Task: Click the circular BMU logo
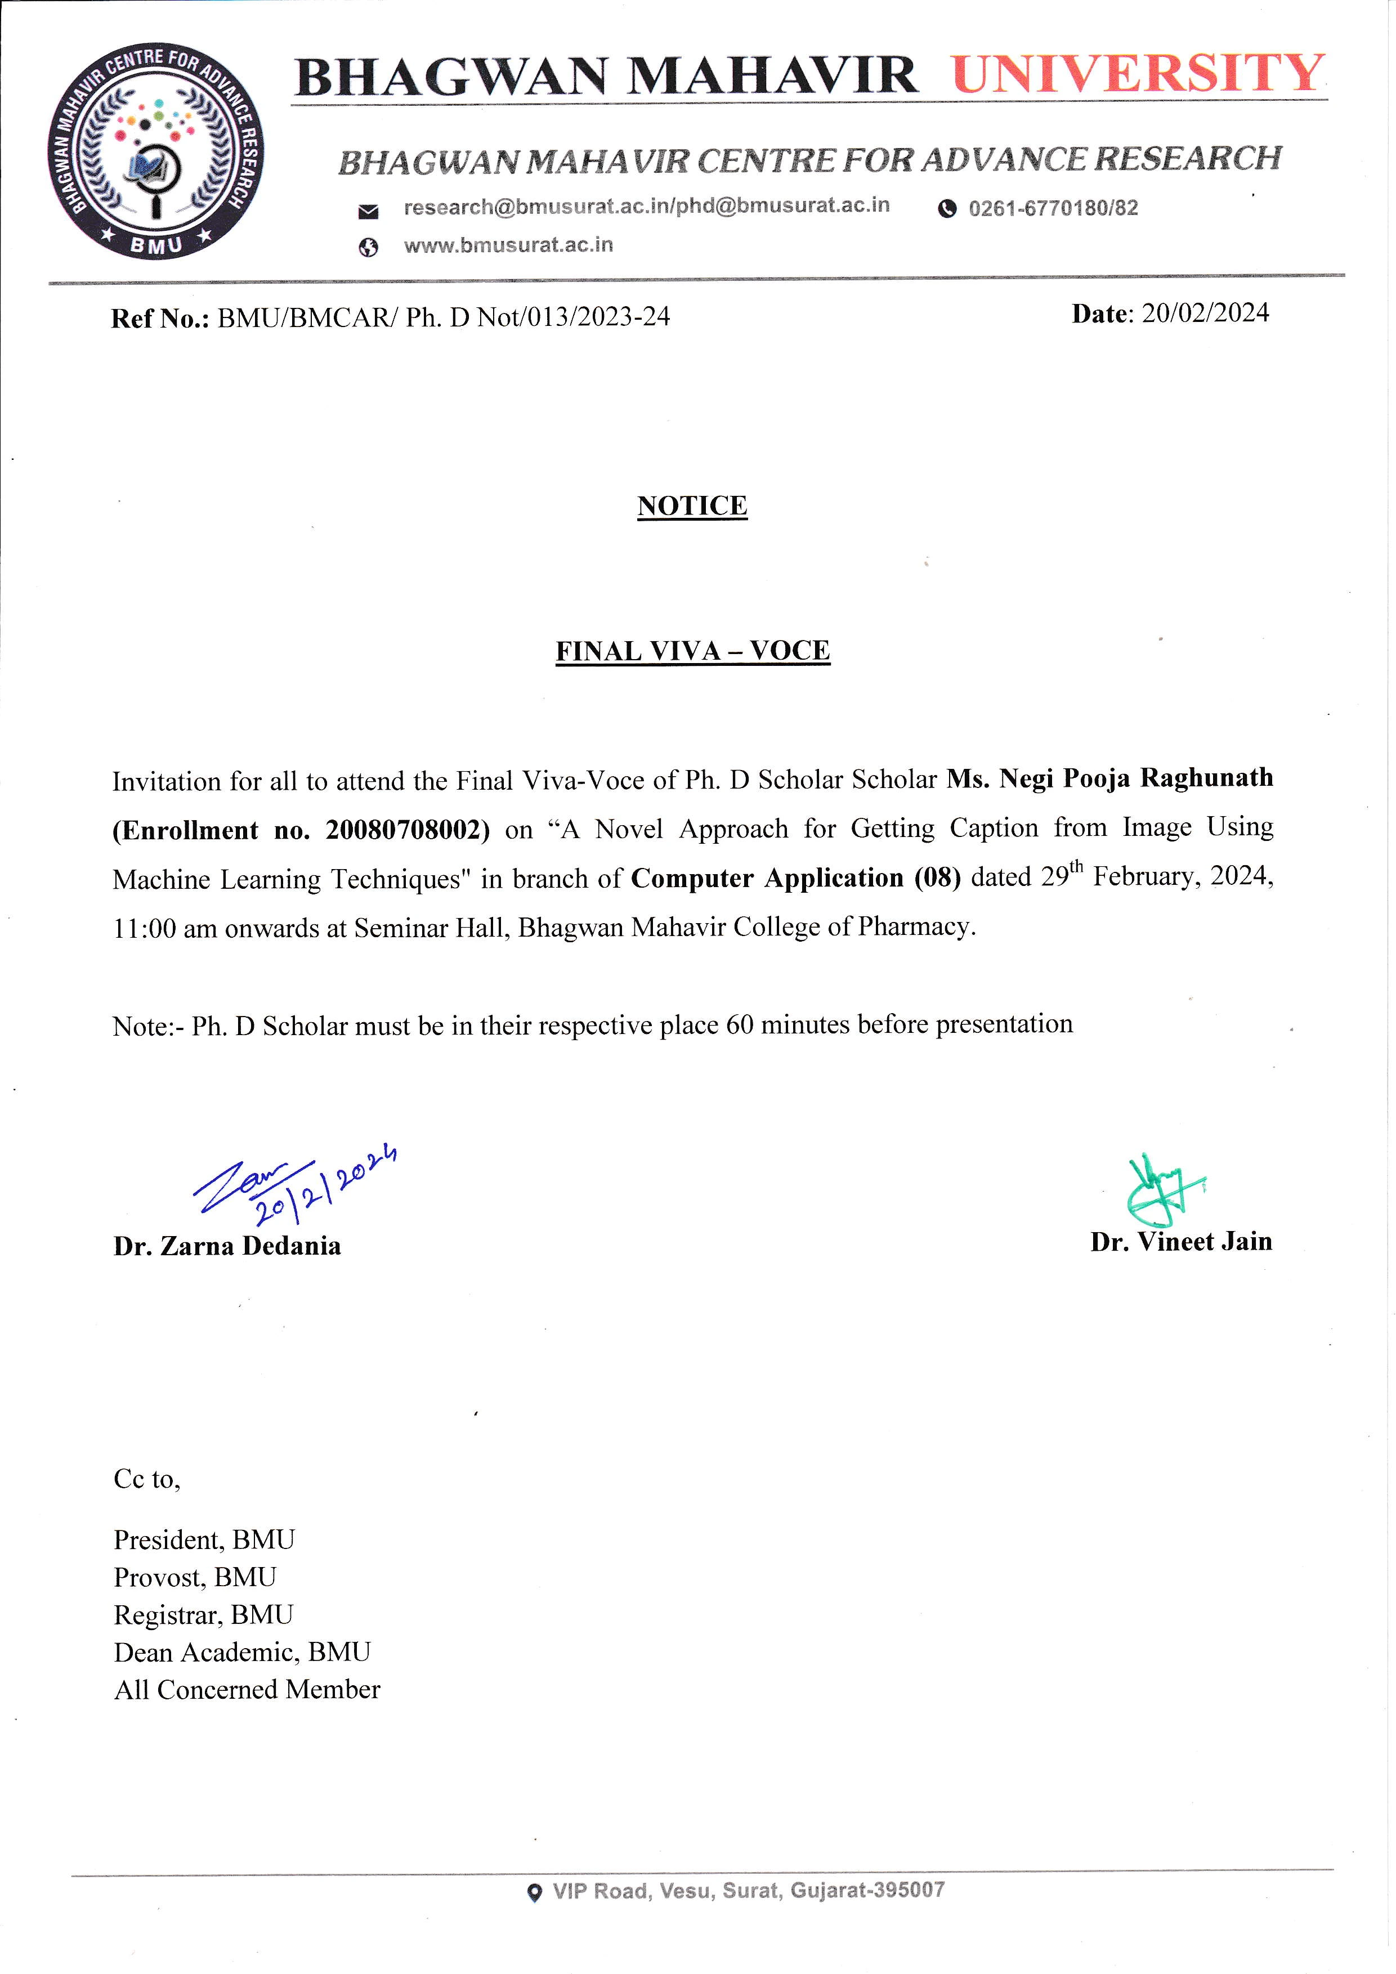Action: click(155, 151)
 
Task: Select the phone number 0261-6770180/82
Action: click(1053, 208)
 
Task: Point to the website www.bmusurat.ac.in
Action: click(508, 245)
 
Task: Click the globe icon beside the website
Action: click(368, 248)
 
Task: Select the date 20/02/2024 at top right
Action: click(1205, 313)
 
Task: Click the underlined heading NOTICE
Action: click(692, 505)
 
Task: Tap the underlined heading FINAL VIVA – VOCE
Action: click(693, 651)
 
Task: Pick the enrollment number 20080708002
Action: click(401, 830)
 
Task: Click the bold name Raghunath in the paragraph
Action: click(1206, 777)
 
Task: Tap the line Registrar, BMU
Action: click(204, 1615)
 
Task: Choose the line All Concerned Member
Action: click(247, 1689)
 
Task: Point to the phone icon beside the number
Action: click(947, 209)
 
